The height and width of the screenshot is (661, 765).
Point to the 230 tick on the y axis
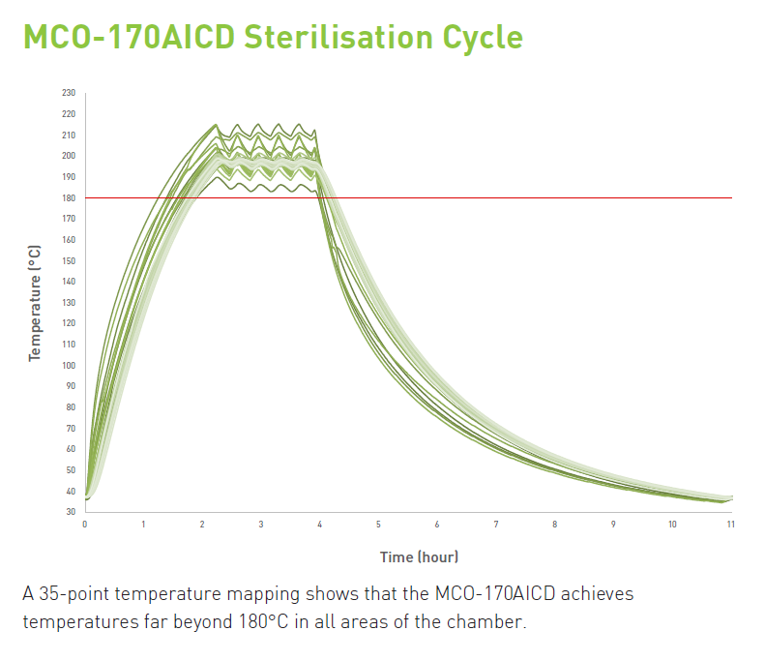(68, 93)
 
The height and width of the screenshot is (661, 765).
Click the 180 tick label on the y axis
(68, 197)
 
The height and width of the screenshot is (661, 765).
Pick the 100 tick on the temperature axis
(68, 365)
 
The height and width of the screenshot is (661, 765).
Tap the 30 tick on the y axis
(70, 511)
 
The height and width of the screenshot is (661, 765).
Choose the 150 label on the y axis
(68, 260)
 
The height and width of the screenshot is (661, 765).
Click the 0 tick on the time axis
(85, 525)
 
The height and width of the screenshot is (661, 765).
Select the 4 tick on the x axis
(320, 525)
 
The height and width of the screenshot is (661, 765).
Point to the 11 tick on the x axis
(731, 525)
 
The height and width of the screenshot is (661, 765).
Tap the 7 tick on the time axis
(496, 525)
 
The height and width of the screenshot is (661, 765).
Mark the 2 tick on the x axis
(202, 525)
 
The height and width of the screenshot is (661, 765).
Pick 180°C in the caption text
(261, 620)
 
